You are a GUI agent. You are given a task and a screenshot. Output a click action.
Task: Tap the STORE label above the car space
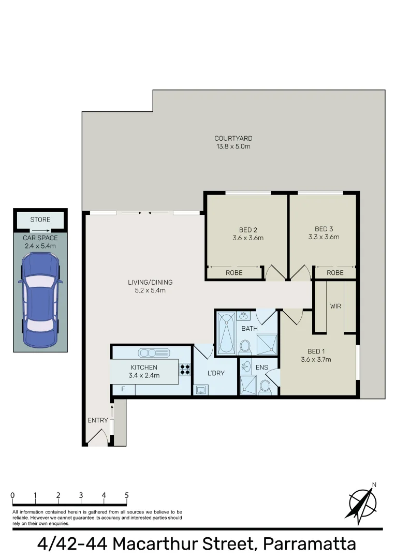40,220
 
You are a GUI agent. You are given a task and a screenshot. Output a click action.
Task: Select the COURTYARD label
233,138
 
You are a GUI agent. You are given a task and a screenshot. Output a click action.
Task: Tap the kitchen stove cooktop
185,370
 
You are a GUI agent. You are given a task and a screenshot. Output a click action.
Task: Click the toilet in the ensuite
265,387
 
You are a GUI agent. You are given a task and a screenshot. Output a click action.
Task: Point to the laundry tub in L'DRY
200,389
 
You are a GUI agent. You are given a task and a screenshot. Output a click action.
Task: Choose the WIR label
335,306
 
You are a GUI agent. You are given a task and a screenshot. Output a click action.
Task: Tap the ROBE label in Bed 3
335,272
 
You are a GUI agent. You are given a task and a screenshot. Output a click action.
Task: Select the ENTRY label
98,420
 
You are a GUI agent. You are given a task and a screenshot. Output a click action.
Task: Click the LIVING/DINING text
150,282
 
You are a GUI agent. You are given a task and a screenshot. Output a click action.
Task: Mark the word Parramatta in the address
310,544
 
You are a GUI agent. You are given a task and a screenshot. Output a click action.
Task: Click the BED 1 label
316,352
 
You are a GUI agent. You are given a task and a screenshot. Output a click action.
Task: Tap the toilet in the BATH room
245,346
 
